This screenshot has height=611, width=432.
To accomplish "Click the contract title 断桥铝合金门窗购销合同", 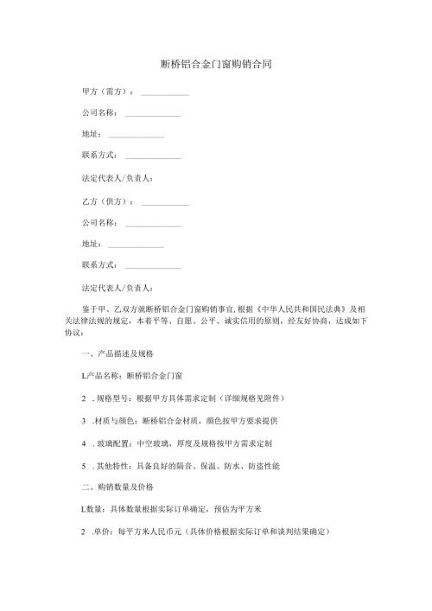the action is point(217,65).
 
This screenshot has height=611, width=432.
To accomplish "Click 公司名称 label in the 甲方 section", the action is point(98,113).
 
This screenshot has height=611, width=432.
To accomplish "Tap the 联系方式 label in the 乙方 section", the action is point(98,265).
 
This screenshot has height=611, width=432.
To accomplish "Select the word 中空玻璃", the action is point(156,442).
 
